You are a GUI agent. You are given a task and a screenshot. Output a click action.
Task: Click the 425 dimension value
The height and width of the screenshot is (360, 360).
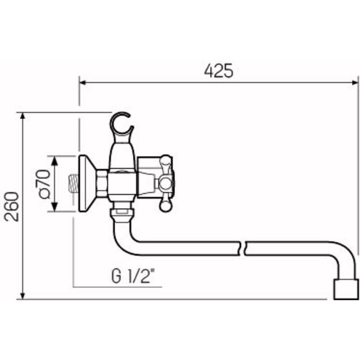219,71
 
